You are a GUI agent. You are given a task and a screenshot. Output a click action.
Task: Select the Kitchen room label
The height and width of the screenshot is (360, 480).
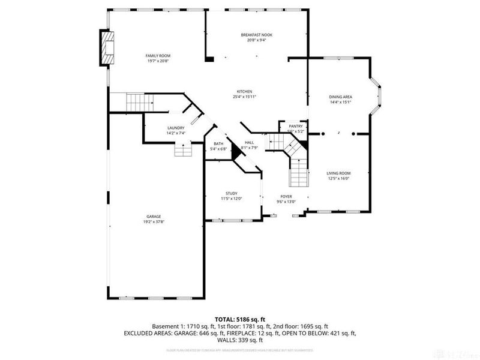tap(244, 91)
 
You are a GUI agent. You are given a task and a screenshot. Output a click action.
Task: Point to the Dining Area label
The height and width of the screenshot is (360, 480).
tap(340, 97)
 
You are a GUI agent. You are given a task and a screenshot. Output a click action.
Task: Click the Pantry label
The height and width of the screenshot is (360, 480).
tap(296, 126)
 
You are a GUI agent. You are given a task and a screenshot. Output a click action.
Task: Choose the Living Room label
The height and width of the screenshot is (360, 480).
tap(338, 173)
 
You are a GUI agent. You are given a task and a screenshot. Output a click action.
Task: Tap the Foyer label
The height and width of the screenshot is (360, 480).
tap(286, 196)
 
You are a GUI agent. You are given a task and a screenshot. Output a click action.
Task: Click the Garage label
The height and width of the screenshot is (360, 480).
tap(154, 217)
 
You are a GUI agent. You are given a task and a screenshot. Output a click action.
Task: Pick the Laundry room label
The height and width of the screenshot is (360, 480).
tap(176, 128)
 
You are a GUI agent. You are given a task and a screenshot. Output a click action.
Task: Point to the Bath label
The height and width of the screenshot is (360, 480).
tap(218, 143)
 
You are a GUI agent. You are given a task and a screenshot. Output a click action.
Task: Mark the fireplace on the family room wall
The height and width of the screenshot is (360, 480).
tap(108, 47)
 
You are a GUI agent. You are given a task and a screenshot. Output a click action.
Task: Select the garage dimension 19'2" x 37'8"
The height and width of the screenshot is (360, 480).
tap(154, 222)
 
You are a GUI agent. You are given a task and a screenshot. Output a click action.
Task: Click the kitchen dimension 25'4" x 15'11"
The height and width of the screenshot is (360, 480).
tap(244, 97)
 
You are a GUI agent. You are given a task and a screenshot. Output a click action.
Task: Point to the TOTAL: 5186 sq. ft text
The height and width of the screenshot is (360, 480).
tap(240, 319)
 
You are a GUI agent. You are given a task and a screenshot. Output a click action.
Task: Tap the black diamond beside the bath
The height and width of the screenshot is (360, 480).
tap(236, 153)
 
